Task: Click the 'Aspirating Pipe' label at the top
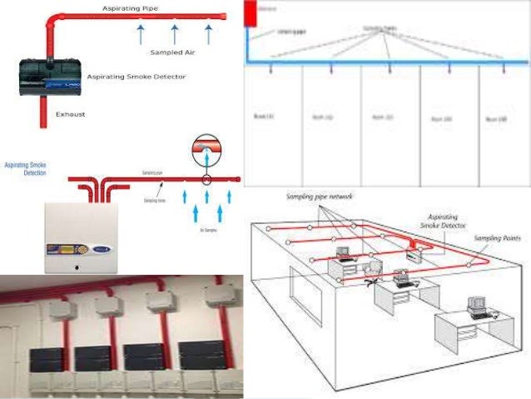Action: (x=128, y=7)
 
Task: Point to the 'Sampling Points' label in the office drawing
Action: (x=499, y=238)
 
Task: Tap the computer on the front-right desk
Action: (x=477, y=307)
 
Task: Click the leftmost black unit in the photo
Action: (x=40, y=358)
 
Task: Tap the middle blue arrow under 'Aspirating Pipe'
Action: (x=175, y=34)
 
